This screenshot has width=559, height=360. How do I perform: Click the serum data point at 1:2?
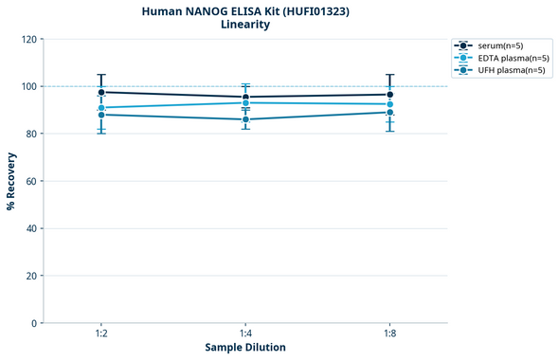point(101,92)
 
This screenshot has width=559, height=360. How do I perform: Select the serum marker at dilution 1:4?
point(245,97)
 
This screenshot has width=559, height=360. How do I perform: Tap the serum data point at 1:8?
point(390,95)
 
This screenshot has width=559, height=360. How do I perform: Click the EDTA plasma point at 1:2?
point(101,108)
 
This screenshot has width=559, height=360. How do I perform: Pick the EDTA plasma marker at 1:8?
point(390,104)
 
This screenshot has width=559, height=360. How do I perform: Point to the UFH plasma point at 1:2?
point(101,115)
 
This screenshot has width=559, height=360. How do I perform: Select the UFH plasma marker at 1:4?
point(245,119)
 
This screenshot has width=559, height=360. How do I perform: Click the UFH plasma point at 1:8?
point(390,113)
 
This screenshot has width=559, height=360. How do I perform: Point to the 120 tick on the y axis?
point(28,40)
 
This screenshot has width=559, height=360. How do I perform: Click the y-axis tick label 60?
point(31,181)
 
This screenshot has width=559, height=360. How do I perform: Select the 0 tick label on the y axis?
point(34,323)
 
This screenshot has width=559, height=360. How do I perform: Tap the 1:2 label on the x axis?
point(101,333)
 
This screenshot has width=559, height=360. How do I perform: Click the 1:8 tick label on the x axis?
point(390,333)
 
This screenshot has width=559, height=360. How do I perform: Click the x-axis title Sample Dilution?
point(245,348)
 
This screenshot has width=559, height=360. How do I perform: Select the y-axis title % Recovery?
point(11,181)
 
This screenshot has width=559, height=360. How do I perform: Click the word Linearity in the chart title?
point(245,25)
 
